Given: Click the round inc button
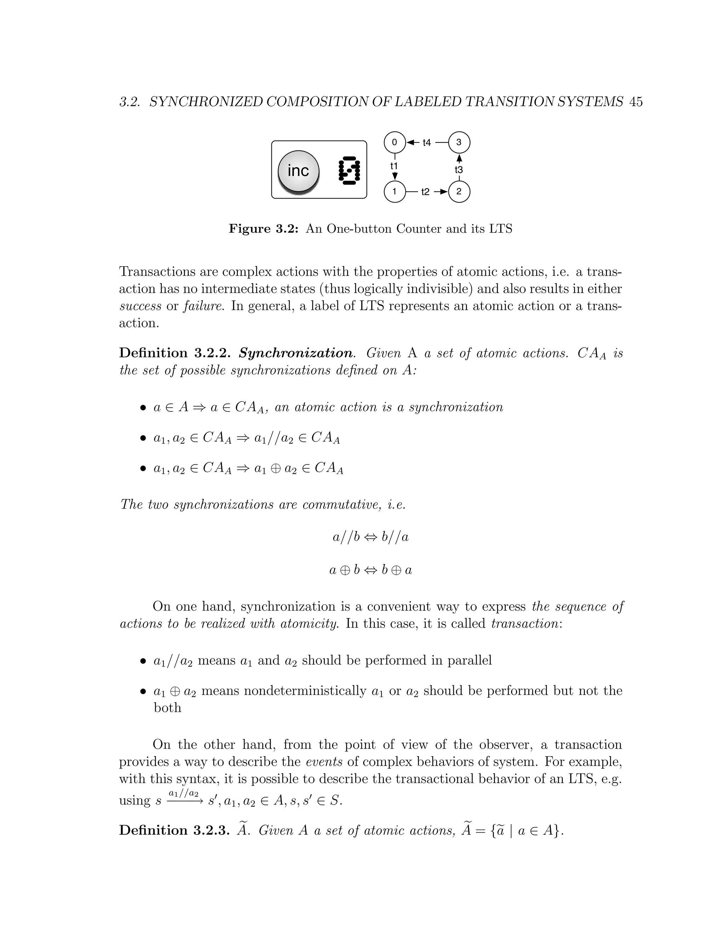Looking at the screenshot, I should pyautogui.click(x=298, y=171).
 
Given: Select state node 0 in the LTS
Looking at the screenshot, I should pyautogui.click(x=394, y=142).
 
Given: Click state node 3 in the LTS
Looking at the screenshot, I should pyautogui.click(x=459, y=142).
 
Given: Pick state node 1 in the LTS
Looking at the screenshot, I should pyautogui.click(x=394, y=191).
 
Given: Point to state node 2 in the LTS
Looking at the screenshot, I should pyautogui.click(x=459, y=191).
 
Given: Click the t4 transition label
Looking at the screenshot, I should pyautogui.click(x=427, y=143).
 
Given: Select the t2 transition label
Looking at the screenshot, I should pyautogui.click(x=425, y=192).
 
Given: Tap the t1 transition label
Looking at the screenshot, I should pyautogui.click(x=394, y=166).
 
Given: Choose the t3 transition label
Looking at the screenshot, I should pyautogui.click(x=459, y=170).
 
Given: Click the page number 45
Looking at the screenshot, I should pyautogui.click(x=635, y=102).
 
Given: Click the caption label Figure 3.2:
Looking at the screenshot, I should pyautogui.click(x=263, y=229).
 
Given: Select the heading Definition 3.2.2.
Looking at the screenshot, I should pyautogui.click(x=175, y=353).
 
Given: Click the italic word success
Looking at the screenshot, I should pyautogui.click(x=140, y=306).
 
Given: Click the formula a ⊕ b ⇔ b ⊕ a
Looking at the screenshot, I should pyautogui.click(x=371, y=570).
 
